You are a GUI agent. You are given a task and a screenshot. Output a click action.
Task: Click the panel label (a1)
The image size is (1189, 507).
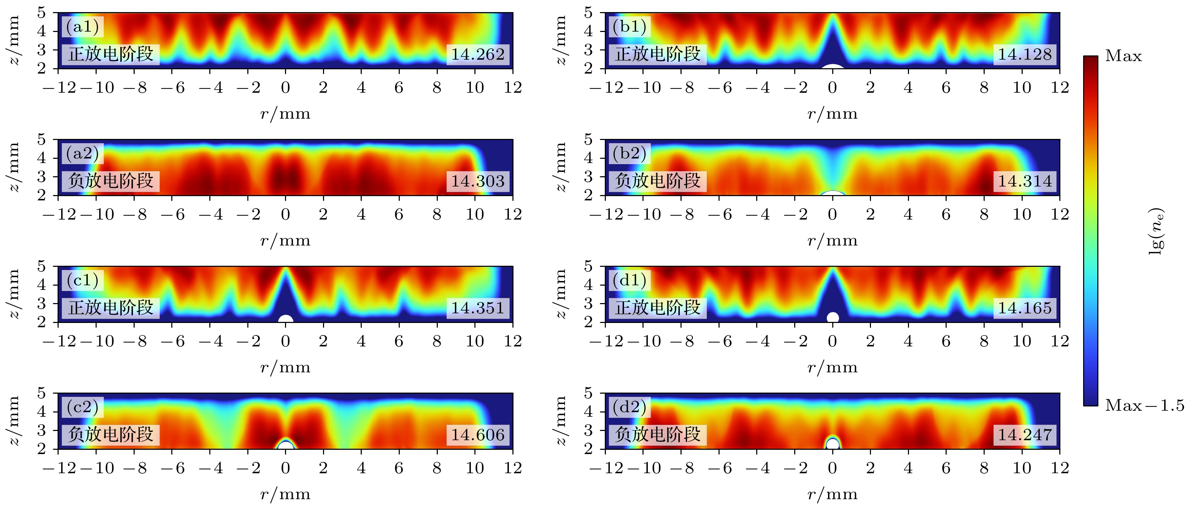(83, 27)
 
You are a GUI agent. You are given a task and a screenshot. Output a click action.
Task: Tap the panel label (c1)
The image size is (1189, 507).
(83, 280)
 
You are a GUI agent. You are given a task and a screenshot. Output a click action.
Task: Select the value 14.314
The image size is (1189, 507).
(1025, 181)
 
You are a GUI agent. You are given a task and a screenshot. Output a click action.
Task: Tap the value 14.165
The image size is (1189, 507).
(1025, 308)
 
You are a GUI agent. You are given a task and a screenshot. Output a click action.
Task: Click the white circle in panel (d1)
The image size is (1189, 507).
(833, 317)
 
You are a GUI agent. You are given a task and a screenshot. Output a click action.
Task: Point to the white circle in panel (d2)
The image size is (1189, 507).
(833, 444)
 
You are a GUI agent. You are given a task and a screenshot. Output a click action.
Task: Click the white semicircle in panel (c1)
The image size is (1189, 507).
(286, 319)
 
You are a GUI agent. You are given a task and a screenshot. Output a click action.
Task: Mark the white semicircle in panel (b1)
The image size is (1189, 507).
(833, 67)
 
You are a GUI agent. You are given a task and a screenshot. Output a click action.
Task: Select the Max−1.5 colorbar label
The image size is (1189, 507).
(1144, 405)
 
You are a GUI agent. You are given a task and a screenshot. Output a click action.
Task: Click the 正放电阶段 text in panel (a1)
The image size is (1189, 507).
(111, 54)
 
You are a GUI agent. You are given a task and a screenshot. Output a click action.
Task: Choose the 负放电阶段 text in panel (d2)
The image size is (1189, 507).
(658, 435)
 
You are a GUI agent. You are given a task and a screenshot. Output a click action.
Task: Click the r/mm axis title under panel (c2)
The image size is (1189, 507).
(285, 495)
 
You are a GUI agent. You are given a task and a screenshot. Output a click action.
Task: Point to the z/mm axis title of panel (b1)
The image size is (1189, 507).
(560, 40)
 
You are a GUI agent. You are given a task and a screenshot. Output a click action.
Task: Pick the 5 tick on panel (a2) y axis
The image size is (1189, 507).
(42, 139)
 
